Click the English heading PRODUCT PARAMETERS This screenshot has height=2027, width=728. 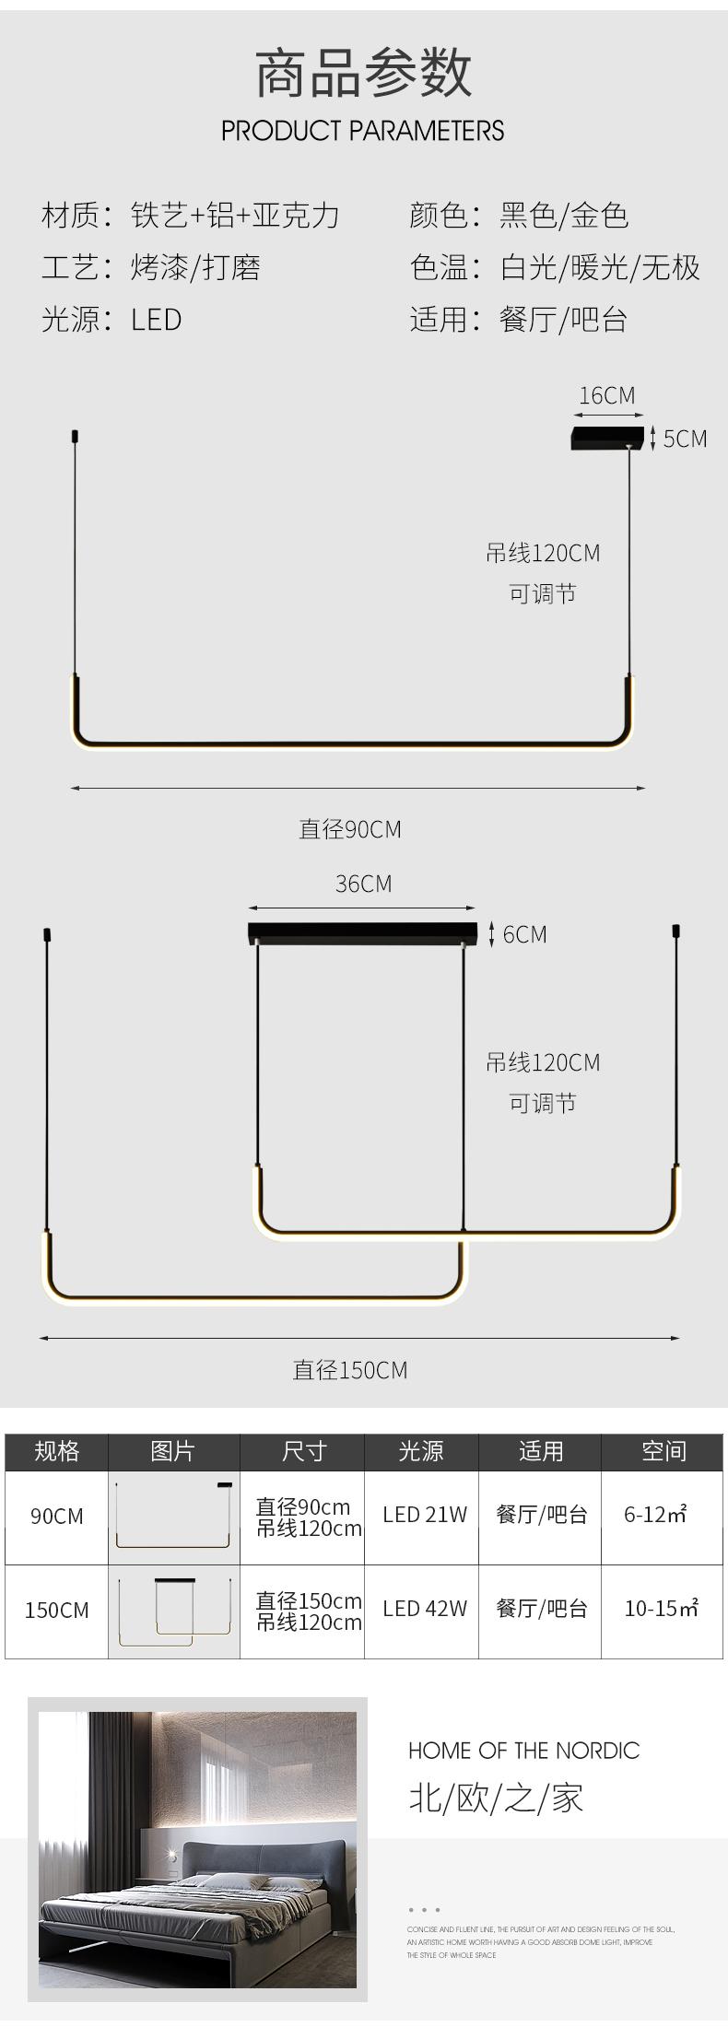[x=362, y=130]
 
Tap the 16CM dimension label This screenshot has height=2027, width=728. [x=606, y=395]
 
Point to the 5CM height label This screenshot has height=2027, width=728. [x=685, y=439]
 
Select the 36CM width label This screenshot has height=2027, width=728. [x=363, y=884]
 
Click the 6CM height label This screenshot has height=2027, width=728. [x=524, y=934]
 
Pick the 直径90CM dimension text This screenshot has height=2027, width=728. [x=349, y=829]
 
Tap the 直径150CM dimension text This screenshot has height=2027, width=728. [x=349, y=1370]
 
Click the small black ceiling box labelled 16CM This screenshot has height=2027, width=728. [x=606, y=438]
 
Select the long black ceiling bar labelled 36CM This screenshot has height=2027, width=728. [x=362, y=932]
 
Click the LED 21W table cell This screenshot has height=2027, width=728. [x=425, y=1515]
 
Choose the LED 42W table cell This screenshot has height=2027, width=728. [x=425, y=1609]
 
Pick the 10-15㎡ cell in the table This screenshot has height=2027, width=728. [x=661, y=1609]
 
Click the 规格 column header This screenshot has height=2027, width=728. [x=56, y=1452]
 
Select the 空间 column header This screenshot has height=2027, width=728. [x=663, y=1452]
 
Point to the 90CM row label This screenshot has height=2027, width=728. [x=56, y=1516]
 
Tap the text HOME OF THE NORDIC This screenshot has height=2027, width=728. [x=523, y=1751]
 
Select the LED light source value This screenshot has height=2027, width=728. [x=156, y=320]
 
